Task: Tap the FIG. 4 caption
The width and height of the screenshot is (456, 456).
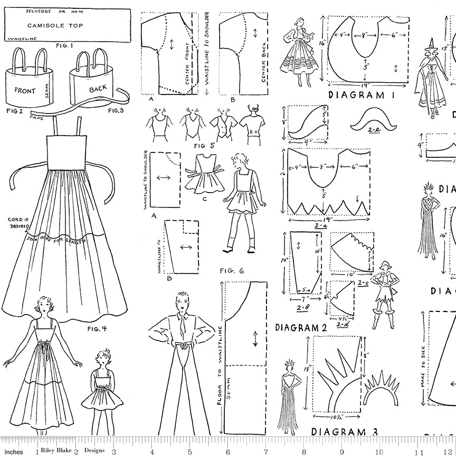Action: pyautogui.click(x=97, y=328)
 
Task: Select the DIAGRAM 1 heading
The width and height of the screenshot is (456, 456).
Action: pyautogui.click(x=362, y=95)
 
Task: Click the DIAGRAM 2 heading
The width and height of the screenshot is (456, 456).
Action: pyautogui.click(x=301, y=327)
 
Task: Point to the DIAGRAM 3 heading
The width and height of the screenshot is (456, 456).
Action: pyautogui.click(x=344, y=432)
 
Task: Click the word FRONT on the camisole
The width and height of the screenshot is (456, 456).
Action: pyautogui.click(x=25, y=90)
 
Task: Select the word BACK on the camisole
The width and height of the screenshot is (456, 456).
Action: pyautogui.click(x=98, y=89)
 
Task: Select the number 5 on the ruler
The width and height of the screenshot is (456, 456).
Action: pyautogui.click(x=189, y=452)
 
